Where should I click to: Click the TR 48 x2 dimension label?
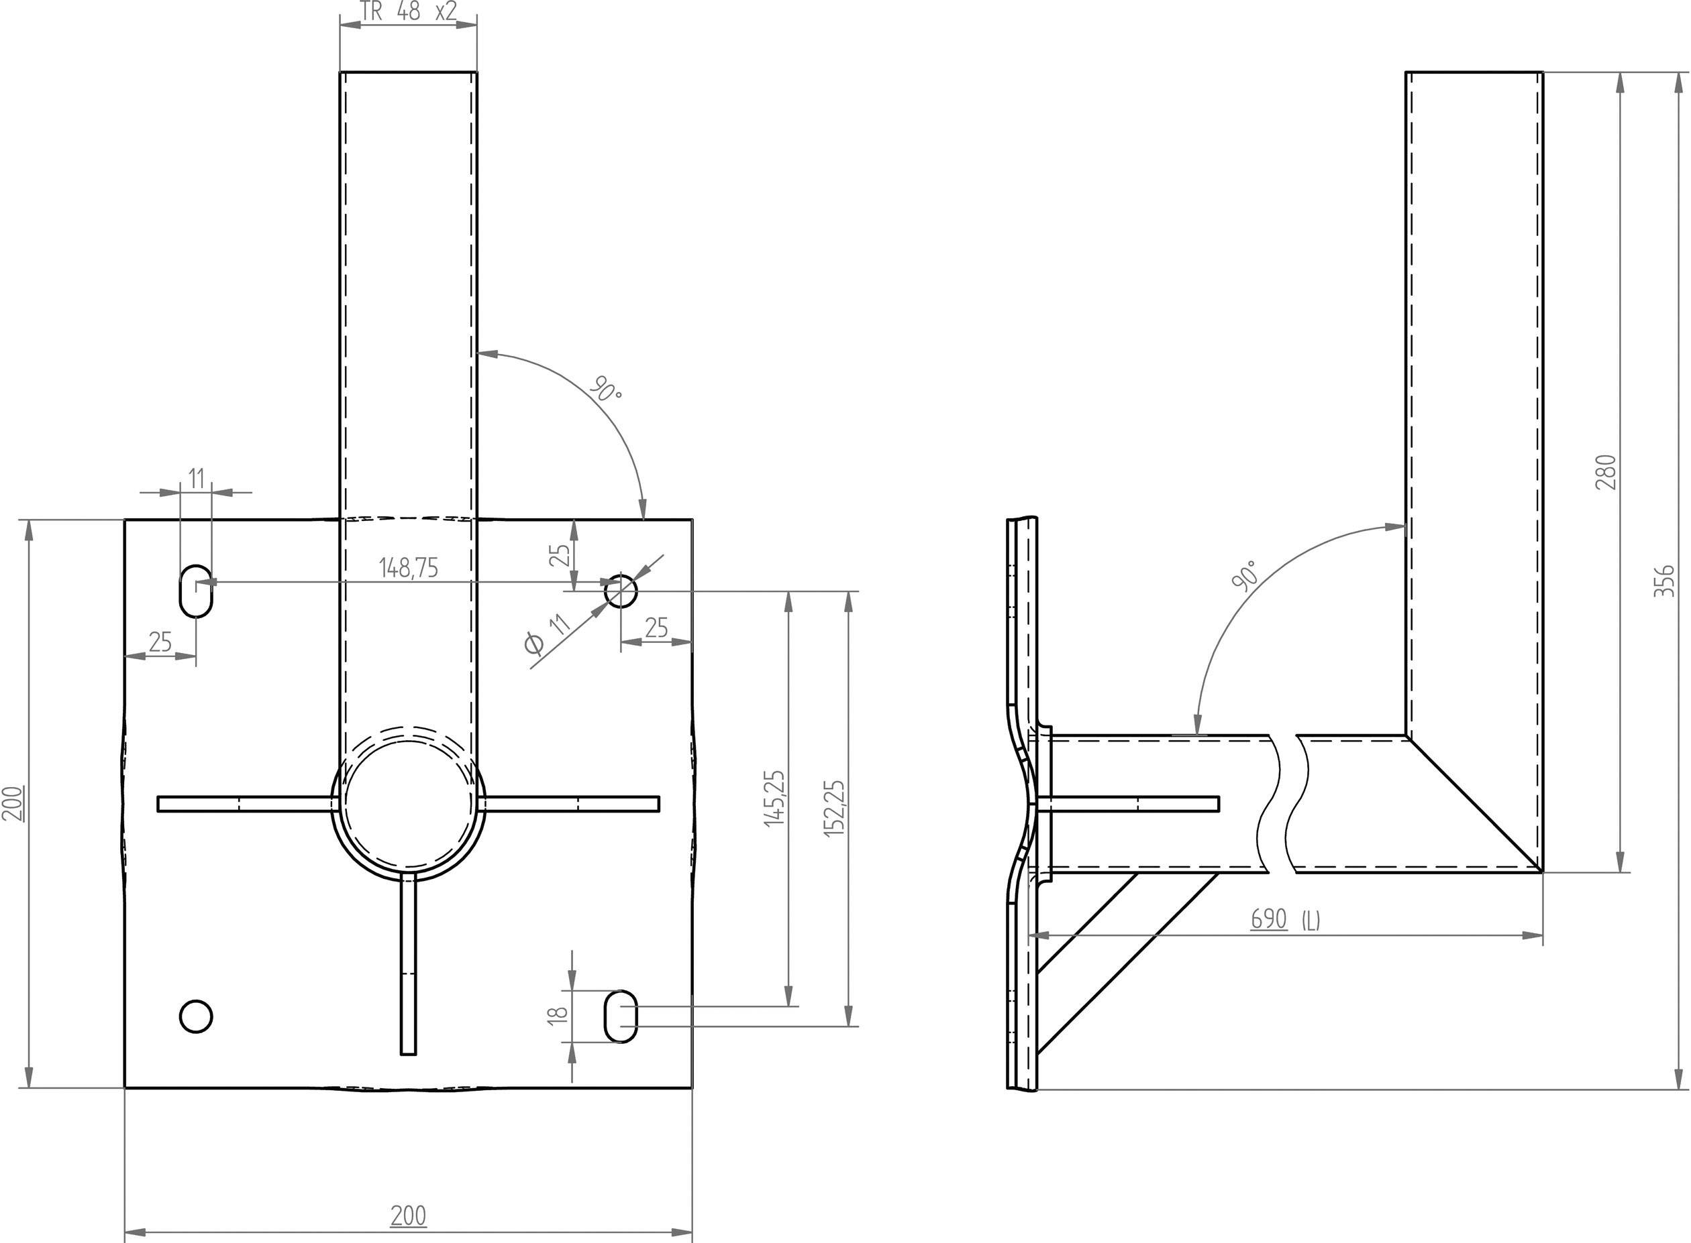click(x=408, y=12)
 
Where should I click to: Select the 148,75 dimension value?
click(x=408, y=568)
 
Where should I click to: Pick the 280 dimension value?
click(x=1605, y=472)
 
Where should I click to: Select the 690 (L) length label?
click(x=1285, y=919)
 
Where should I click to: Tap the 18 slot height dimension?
click(x=557, y=1014)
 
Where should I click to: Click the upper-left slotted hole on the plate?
click(x=196, y=591)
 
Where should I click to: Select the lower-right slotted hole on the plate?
click(x=621, y=1016)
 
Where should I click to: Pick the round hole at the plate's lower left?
click(x=196, y=1016)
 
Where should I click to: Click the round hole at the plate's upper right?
click(x=621, y=591)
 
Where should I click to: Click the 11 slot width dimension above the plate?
click(x=196, y=478)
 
